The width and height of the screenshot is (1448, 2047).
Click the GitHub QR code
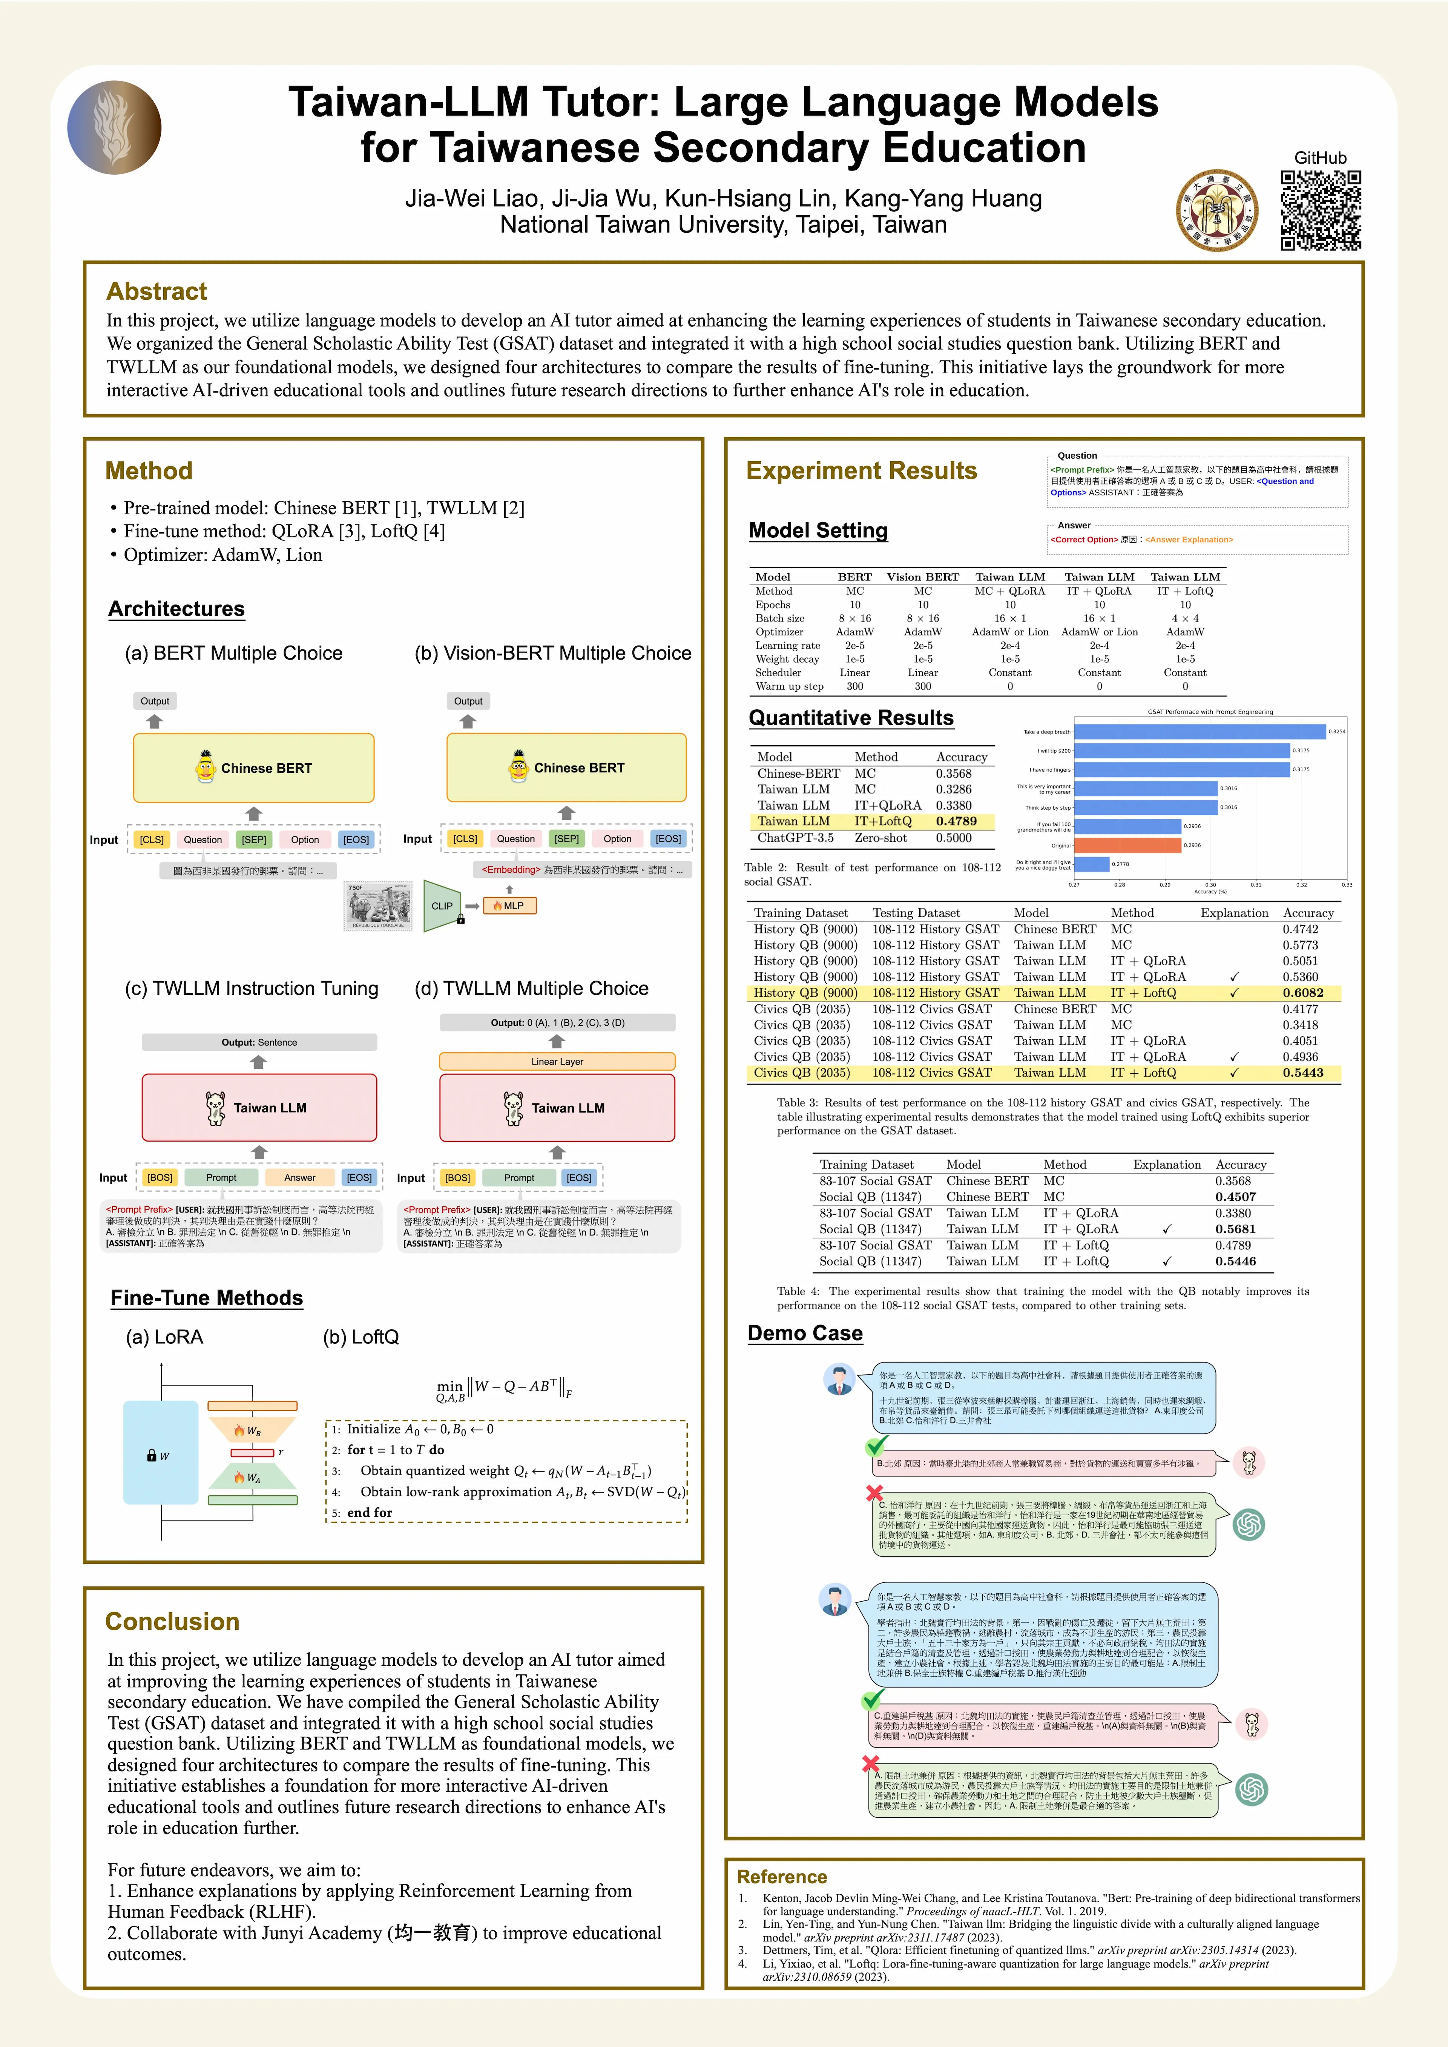(x=1321, y=210)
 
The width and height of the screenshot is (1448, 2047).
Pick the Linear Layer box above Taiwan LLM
(x=557, y=1061)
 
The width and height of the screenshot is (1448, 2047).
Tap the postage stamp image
(x=379, y=906)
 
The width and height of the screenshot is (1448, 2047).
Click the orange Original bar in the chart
(x=1128, y=845)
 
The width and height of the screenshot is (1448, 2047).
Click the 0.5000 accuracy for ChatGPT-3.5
(x=954, y=838)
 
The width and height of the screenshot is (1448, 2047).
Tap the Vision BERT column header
(x=923, y=577)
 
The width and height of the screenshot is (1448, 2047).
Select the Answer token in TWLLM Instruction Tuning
(x=299, y=1178)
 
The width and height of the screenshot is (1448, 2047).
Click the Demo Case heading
(x=805, y=1334)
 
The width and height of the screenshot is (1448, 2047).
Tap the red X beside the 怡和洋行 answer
(x=875, y=1493)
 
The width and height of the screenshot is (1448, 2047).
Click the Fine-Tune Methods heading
(x=207, y=1298)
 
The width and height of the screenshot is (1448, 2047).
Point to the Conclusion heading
(x=172, y=1622)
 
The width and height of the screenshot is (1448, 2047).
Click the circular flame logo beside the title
(x=114, y=127)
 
